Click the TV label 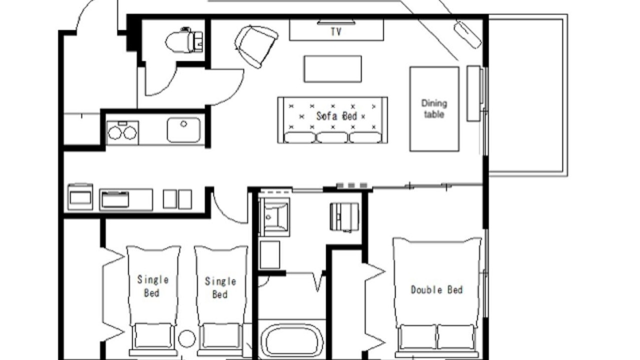click(x=336, y=31)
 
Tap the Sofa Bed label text click(x=336, y=116)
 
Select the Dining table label click(x=434, y=109)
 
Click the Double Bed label click(x=436, y=289)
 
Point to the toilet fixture click(x=184, y=40)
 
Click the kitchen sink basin click(x=183, y=129)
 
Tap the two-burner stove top click(x=122, y=132)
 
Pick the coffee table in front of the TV click(x=332, y=69)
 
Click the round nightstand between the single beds click(x=187, y=338)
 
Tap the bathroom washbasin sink click(x=274, y=217)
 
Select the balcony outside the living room click(x=527, y=95)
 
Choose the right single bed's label click(x=220, y=287)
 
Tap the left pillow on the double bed click(x=418, y=336)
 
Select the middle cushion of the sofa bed click(x=332, y=137)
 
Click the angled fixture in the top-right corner click(x=467, y=35)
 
